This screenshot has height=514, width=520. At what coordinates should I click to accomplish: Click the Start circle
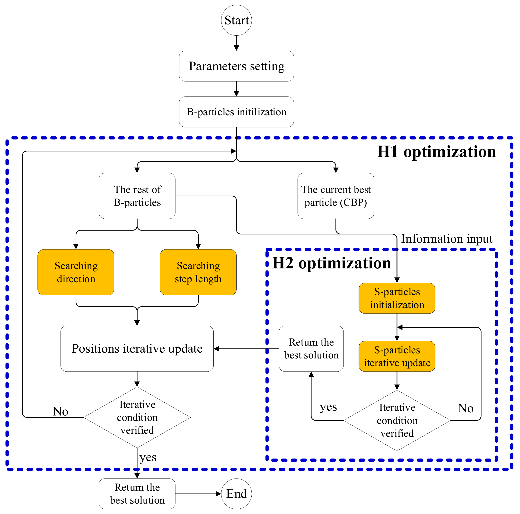click(236, 20)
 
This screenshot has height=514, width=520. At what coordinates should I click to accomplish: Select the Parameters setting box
click(236, 66)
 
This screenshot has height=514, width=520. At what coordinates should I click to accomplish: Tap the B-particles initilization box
click(236, 112)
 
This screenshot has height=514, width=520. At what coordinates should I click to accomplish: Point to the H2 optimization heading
click(331, 263)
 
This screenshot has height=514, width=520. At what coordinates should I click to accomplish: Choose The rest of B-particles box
click(137, 196)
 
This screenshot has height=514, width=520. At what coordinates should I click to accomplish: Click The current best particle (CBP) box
click(336, 196)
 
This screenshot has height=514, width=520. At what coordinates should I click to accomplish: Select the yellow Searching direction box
click(76, 272)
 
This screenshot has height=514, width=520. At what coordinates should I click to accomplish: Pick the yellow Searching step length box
click(198, 272)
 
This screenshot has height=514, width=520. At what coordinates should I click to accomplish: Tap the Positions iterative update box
click(137, 349)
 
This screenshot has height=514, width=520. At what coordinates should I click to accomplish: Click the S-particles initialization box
click(397, 298)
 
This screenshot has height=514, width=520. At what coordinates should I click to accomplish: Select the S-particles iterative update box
click(397, 356)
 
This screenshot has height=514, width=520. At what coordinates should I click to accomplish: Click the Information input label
click(447, 239)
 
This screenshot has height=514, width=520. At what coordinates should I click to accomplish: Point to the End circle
click(236, 494)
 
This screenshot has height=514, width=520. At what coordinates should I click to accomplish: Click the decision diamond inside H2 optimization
click(397, 421)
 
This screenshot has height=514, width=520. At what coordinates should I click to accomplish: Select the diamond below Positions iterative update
click(137, 417)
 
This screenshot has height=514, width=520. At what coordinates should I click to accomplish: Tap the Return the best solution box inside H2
click(311, 349)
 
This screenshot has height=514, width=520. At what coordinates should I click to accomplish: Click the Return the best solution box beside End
click(137, 494)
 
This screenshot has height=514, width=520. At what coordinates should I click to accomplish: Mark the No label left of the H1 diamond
click(60, 411)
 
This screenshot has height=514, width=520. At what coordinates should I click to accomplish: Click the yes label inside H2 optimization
click(328, 407)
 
